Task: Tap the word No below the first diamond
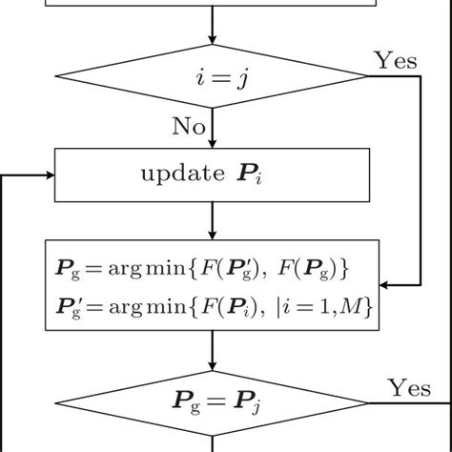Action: click(x=189, y=126)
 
